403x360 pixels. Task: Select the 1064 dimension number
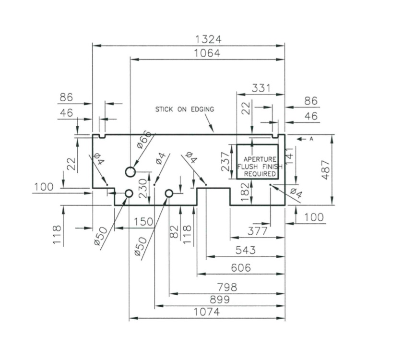(x=207, y=53)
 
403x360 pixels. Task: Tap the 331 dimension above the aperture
(x=261, y=88)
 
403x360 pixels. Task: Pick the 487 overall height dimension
(x=326, y=169)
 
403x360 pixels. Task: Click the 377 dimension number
(x=257, y=232)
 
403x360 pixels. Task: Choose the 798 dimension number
(x=227, y=287)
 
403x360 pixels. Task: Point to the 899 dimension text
(x=219, y=300)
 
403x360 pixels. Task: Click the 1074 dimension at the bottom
(x=207, y=312)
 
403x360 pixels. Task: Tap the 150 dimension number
(x=144, y=222)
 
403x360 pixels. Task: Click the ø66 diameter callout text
(x=143, y=139)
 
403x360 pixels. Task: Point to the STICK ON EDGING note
(x=184, y=109)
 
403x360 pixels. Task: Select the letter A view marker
(x=311, y=139)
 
